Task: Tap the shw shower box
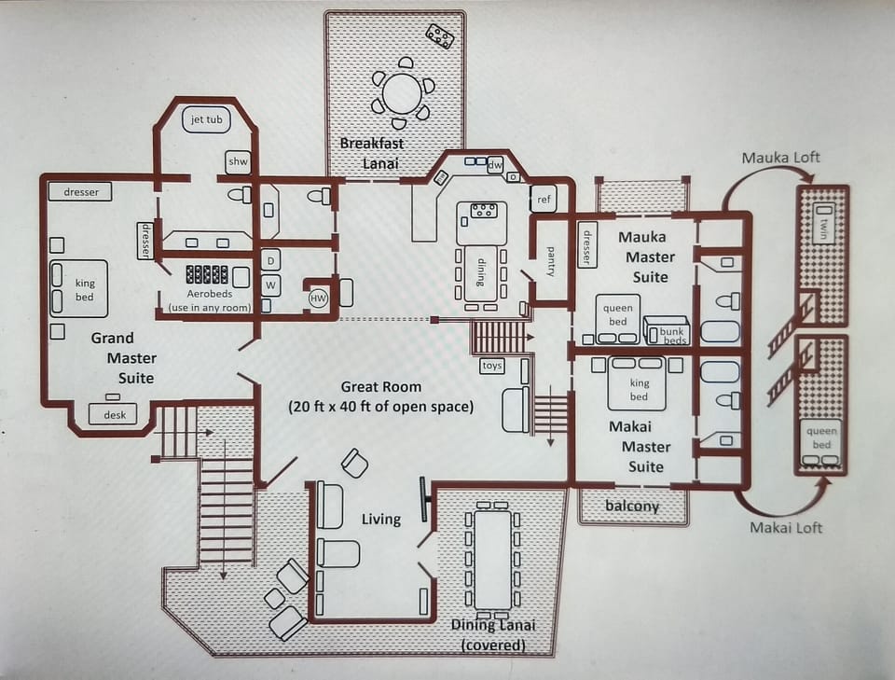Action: [x=238, y=162]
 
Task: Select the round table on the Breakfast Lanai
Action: [x=402, y=93]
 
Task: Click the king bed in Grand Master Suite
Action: [x=77, y=287]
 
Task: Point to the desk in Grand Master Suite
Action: [x=113, y=414]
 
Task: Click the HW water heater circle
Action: [x=319, y=297]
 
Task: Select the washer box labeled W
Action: [x=270, y=284]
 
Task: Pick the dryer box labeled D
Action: [x=270, y=259]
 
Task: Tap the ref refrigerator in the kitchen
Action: [x=544, y=198]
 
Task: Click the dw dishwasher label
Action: [x=495, y=165]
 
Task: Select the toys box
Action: [x=492, y=366]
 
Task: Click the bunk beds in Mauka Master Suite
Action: [x=667, y=331]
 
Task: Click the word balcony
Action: [x=632, y=507]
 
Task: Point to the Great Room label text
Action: [x=380, y=396]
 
